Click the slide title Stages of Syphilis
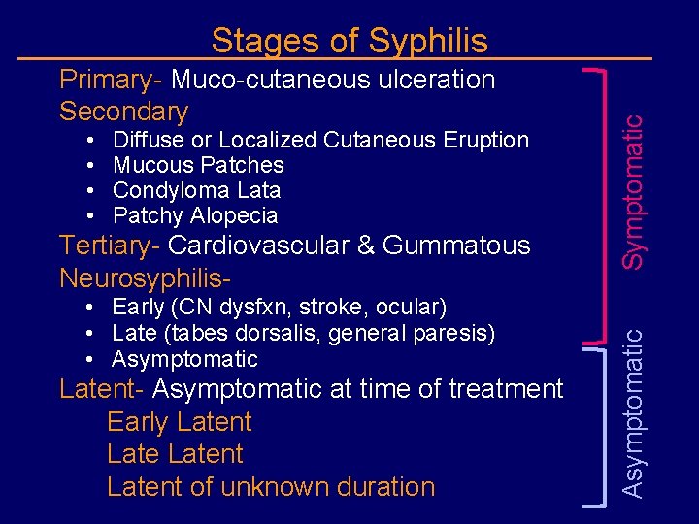[x=349, y=41]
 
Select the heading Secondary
[x=123, y=111]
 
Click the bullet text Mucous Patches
[x=198, y=165]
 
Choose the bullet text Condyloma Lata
[x=196, y=190]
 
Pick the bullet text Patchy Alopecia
[x=195, y=215]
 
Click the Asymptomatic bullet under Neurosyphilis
[x=184, y=359]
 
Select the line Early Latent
[x=179, y=422]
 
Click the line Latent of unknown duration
[x=271, y=486]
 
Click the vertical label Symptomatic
[x=632, y=191]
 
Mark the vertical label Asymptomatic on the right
[x=632, y=412]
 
